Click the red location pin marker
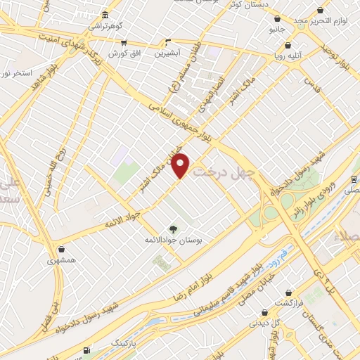coord(181,165)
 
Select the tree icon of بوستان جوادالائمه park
coord(173,229)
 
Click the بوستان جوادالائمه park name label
coord(173,240)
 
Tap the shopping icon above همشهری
coord(63,248)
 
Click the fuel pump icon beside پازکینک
coord(86,349)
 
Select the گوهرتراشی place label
coord(105,25)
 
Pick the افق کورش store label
coord(128,53)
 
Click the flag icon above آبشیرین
coord(167,41)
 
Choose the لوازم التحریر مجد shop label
coord(321,22)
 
